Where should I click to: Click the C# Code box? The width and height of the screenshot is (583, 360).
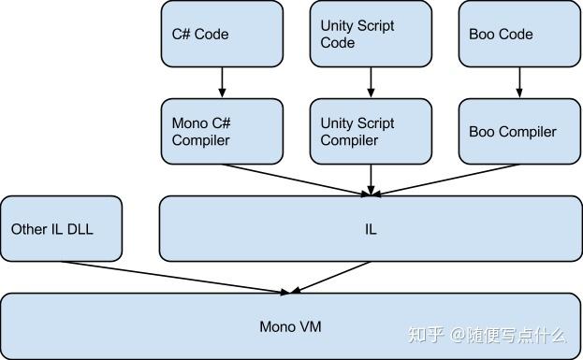222,34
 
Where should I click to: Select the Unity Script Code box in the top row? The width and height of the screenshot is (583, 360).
370,34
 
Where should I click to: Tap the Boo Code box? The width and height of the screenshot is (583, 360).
518,34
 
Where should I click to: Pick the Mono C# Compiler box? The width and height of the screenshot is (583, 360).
222,132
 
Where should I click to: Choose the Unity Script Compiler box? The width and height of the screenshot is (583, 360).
370,132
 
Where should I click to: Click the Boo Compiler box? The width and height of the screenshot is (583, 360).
518,132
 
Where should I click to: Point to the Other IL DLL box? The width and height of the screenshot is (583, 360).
62,228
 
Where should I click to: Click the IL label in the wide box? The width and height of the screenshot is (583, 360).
372,229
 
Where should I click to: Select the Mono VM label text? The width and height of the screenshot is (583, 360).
291,326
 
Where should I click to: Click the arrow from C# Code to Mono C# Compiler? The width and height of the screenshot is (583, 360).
222,82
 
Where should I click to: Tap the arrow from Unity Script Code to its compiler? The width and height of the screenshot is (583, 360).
371,82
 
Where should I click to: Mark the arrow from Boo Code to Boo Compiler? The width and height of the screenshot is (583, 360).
518,82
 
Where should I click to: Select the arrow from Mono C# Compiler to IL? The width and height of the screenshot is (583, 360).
295,180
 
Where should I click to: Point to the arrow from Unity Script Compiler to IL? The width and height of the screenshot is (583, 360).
371,180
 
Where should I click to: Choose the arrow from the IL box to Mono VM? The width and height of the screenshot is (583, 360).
332,277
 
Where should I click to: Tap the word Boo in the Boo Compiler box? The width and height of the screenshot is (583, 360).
483,132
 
